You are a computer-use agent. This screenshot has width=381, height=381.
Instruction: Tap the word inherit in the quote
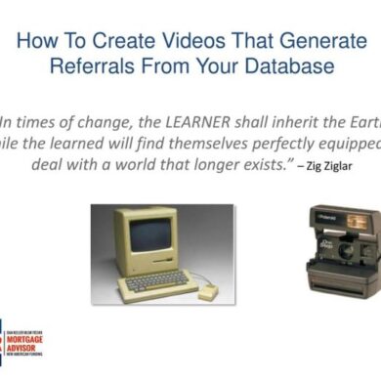[x=284, y=122]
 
